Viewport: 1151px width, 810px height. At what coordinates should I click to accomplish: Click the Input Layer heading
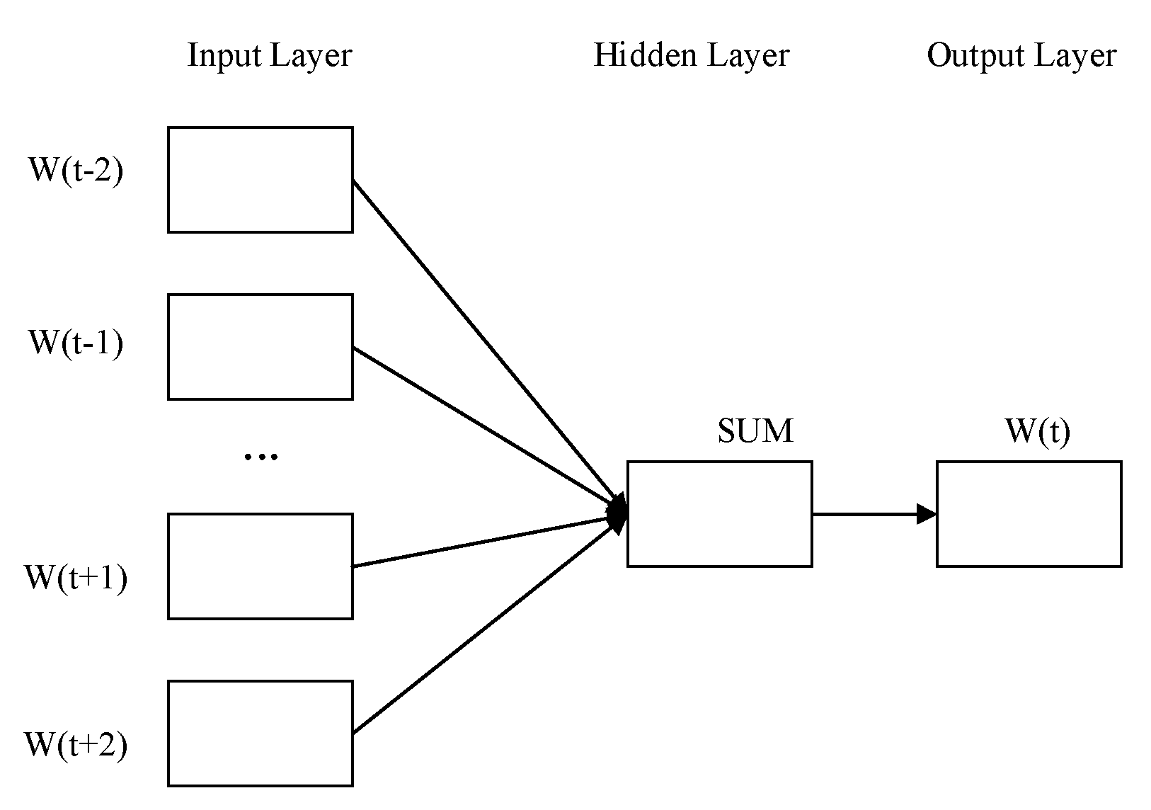click(269, 56)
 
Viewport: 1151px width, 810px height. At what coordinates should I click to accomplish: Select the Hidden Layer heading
click(691, 56)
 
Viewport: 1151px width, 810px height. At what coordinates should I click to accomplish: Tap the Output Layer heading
click(1021, 56)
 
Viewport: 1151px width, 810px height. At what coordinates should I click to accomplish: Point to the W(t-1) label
click(75, 343)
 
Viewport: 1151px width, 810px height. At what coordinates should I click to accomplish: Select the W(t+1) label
click(75, 578)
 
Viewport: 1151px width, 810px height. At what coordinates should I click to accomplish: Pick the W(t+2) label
click(75, 745)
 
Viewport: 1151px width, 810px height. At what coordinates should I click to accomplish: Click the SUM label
click(755, 431)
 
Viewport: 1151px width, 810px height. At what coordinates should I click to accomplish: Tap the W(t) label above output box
click(1037, 431)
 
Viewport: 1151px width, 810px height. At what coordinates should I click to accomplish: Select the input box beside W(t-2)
click(260, 180)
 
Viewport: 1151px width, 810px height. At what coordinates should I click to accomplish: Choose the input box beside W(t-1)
click(260, 347)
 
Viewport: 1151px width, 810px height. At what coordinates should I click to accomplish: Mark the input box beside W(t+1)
click(260, 566)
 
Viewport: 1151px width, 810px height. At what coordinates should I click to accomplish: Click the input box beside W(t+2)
click(260, 734)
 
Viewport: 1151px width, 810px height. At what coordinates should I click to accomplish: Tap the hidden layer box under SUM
click(719, 514)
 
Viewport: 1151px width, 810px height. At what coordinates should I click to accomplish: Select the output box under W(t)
click(1029, 514)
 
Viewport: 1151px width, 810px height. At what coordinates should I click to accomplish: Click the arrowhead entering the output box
click(926, 514)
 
